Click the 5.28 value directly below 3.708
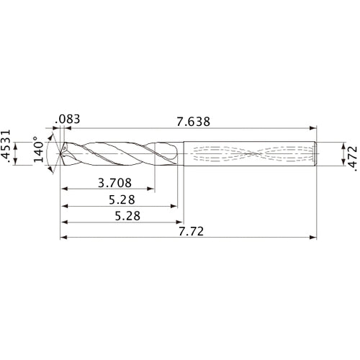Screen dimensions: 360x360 [116, 199]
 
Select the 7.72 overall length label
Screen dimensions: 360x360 [190, 230]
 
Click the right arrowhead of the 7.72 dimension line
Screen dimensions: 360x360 [315, 237]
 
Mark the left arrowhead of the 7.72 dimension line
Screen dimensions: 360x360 [63, 237]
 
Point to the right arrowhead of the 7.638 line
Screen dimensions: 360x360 [315, 127]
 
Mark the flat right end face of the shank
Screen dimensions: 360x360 [318, 153]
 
